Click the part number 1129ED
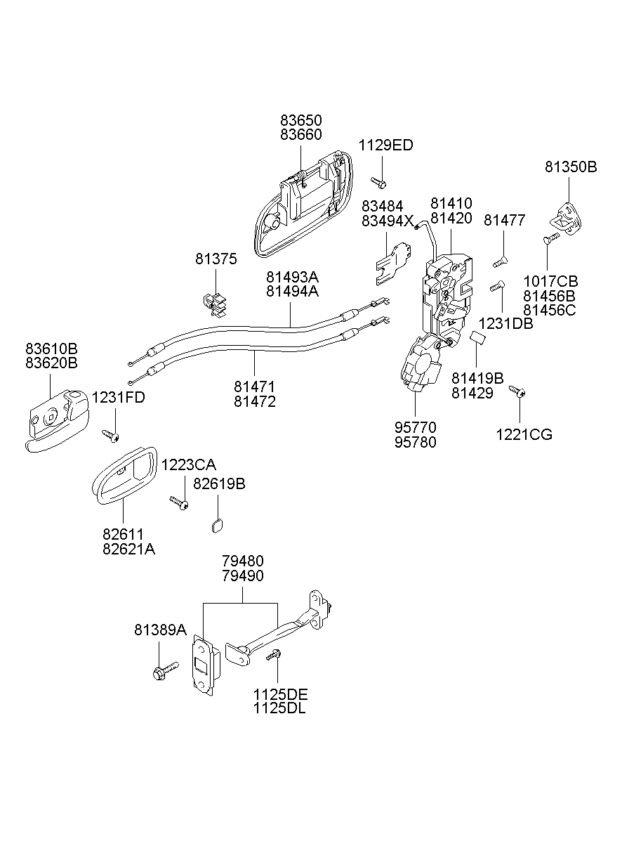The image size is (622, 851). pyautogui.click(x=385, y=145)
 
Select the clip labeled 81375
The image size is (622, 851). pyautogui.click(x=216, y=301)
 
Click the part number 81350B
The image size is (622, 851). pyautogui.click(x=571, y=167)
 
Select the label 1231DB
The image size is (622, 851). pyautogui.click(x=505, y=324)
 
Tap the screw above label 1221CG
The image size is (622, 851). pyautogui.click(x=517, y=391)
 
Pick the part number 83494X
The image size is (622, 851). pyautogui.click(x=388, y=220)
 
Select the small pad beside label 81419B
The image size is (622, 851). pyautogui.click(x=478, y=341)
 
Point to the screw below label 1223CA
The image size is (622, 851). pyautogui.click(x=179, y=502)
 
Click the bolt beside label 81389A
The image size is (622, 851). pyautogui.click(x=164, y=669)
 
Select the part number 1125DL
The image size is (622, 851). pyautogui.click(x=280, y=708)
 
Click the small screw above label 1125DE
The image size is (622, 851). pyautogui.click(x=273, y=656)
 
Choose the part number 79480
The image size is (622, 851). pyautogui.click(x=242, y=561)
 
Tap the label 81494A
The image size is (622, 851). pyautogui.click(x=291, y=290)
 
